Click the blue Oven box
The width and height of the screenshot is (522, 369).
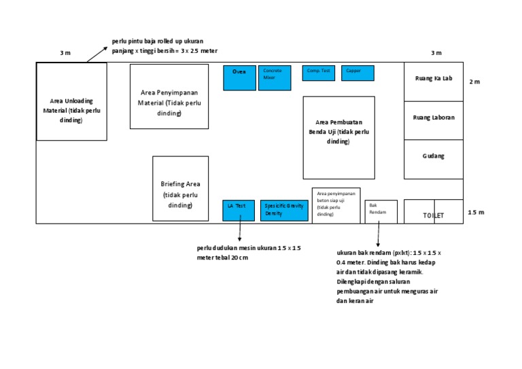[240, 77]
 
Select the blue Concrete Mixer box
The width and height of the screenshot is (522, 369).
[275, 77]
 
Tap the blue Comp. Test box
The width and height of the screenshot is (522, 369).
[319, 73]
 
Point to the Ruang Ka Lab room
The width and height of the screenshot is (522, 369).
[433, 82]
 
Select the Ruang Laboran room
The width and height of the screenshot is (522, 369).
[433, 120]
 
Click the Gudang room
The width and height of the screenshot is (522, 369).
[433, 159]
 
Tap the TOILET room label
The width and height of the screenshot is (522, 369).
[433, 215]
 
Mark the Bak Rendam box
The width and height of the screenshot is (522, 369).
[381, 211]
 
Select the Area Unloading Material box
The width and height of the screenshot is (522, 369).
[71, 102]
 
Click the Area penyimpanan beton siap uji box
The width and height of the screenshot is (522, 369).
[336, 205]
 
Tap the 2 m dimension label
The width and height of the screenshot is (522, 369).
[474, 82]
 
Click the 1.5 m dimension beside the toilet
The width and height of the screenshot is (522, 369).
[476, 213]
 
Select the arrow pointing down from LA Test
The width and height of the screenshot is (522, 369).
[240, 231]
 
